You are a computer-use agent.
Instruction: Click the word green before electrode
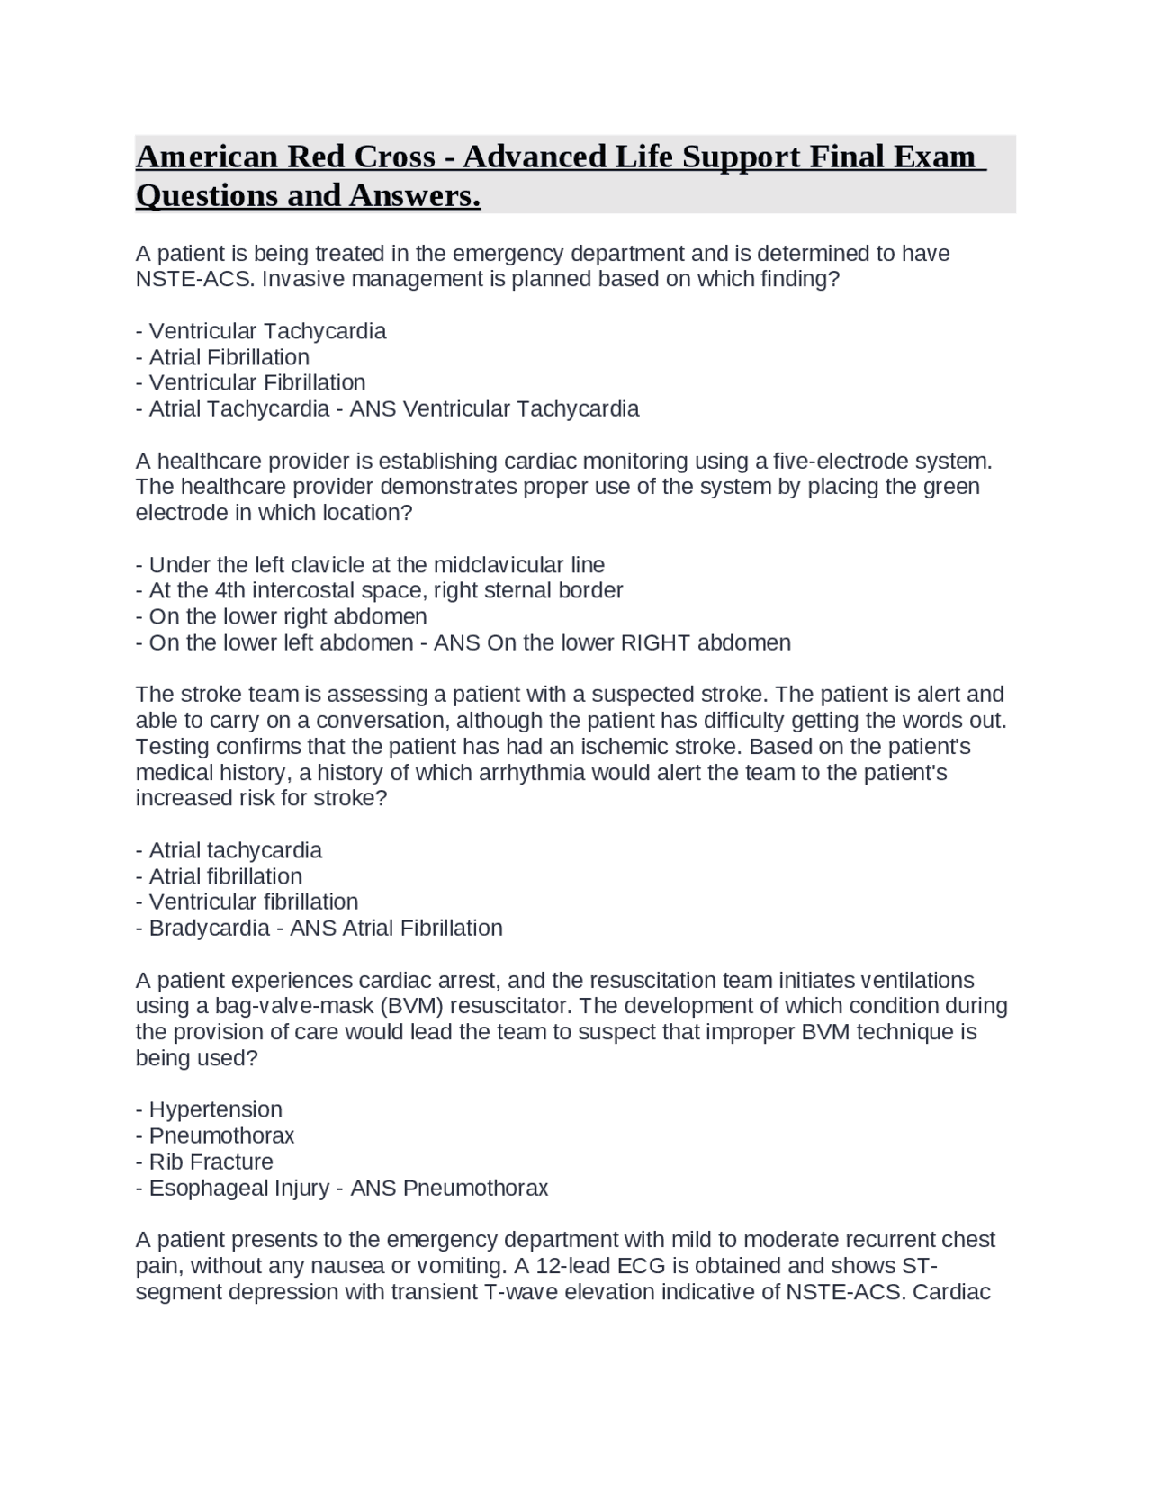(951, 487)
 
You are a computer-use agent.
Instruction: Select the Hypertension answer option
(215, 1109)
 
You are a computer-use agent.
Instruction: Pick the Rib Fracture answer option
(211, 1162)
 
